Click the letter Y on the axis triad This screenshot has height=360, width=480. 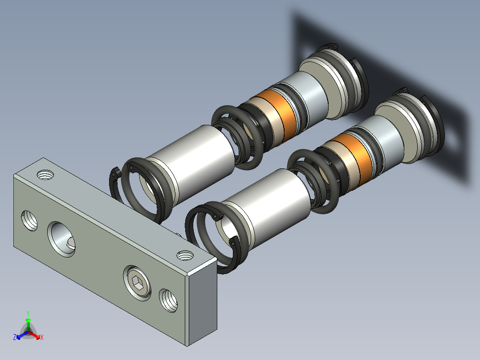coord(28,314)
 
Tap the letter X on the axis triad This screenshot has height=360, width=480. coord(42,337)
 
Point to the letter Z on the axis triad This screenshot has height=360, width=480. coord(15,337)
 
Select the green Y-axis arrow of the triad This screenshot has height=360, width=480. coord(28,324)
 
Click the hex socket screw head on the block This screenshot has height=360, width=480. coord(137,283)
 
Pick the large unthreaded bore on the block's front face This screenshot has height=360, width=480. coord(61,239)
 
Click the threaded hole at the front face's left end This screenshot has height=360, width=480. coord(29,220)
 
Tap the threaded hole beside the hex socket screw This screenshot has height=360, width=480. coord(168,300)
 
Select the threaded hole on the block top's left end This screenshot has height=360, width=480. coord(45,175)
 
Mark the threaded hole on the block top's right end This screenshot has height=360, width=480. coord(185,255)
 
